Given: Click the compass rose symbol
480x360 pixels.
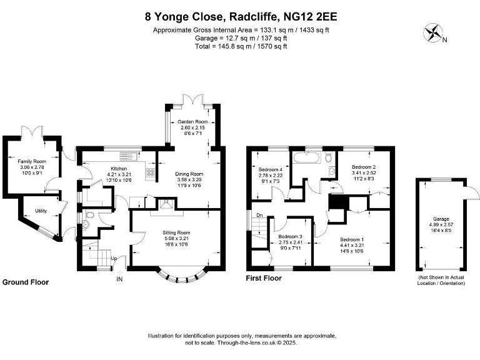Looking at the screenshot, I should (432, 33).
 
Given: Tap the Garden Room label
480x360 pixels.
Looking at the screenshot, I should (192, 121).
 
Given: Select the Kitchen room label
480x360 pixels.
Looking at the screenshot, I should (119, 169).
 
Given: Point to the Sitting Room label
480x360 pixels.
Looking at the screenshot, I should (175, 232).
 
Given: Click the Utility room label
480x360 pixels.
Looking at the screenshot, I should (41, 211).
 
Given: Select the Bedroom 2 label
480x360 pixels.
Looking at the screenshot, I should (363, 167).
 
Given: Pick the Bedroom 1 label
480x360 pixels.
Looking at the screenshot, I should (351, 239).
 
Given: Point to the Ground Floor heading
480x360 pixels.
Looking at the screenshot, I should (26, 282).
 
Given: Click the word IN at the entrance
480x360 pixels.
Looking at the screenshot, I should (119, 279).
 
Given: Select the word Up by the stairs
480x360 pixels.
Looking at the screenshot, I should (114, 258).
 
